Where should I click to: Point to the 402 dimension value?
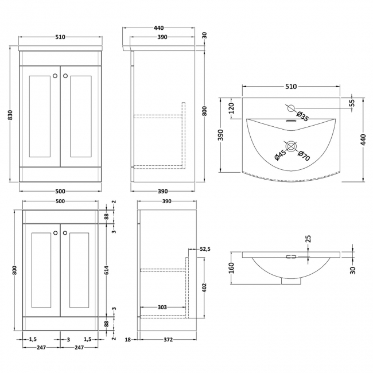click(205, 286)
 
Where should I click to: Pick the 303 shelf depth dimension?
click(162, 308)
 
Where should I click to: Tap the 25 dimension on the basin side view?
click(308, 238)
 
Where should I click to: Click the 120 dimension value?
click(232, 108)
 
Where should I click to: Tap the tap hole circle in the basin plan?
click(290, 107)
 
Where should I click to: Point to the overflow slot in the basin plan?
click(290, 121)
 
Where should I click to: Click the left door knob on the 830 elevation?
click(55, 75)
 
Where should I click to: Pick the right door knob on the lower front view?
click(65, 232)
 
